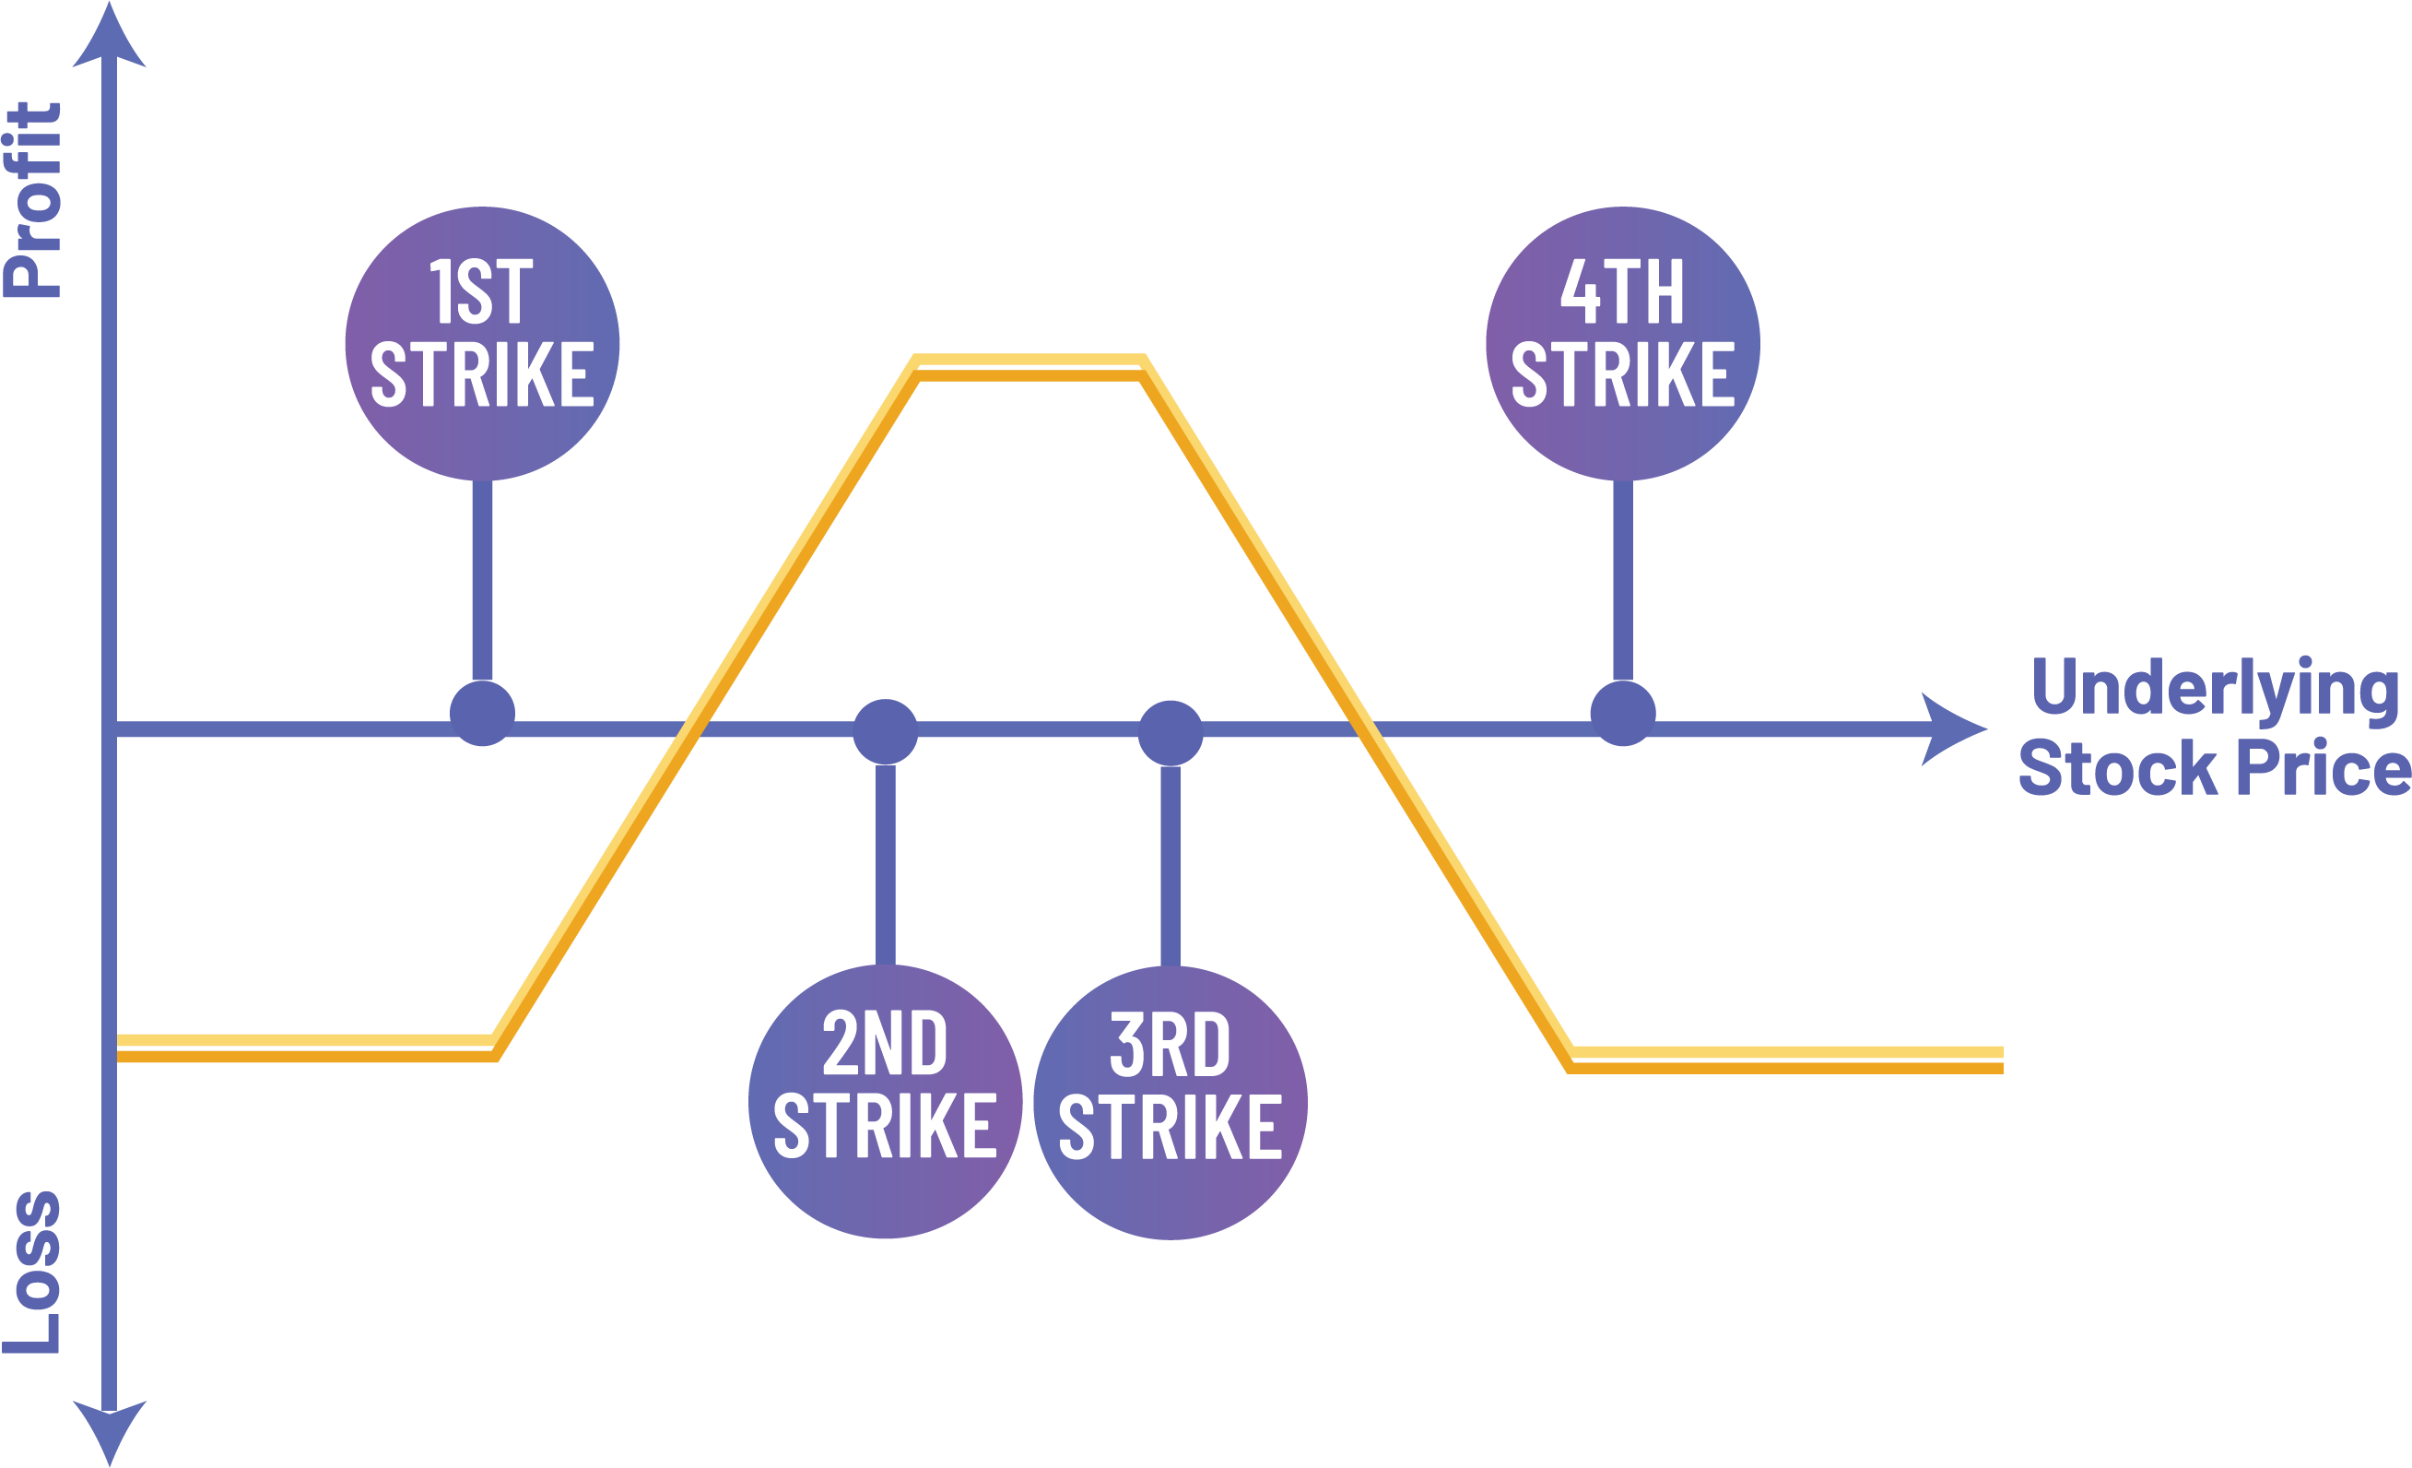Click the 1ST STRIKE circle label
[482, 343]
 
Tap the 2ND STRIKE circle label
[885, 1101]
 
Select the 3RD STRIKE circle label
[1170, 1102]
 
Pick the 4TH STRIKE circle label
[1622, 343]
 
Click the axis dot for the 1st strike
[482, 713]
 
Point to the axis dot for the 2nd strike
[885, 730]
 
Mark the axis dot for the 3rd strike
[1170, 731]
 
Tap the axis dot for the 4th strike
[1622, 713]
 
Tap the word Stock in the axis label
[2116, 769]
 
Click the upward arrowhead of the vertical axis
[110, 39]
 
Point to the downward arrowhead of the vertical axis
[110, 1432]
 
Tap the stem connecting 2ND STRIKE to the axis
[885, 862]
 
